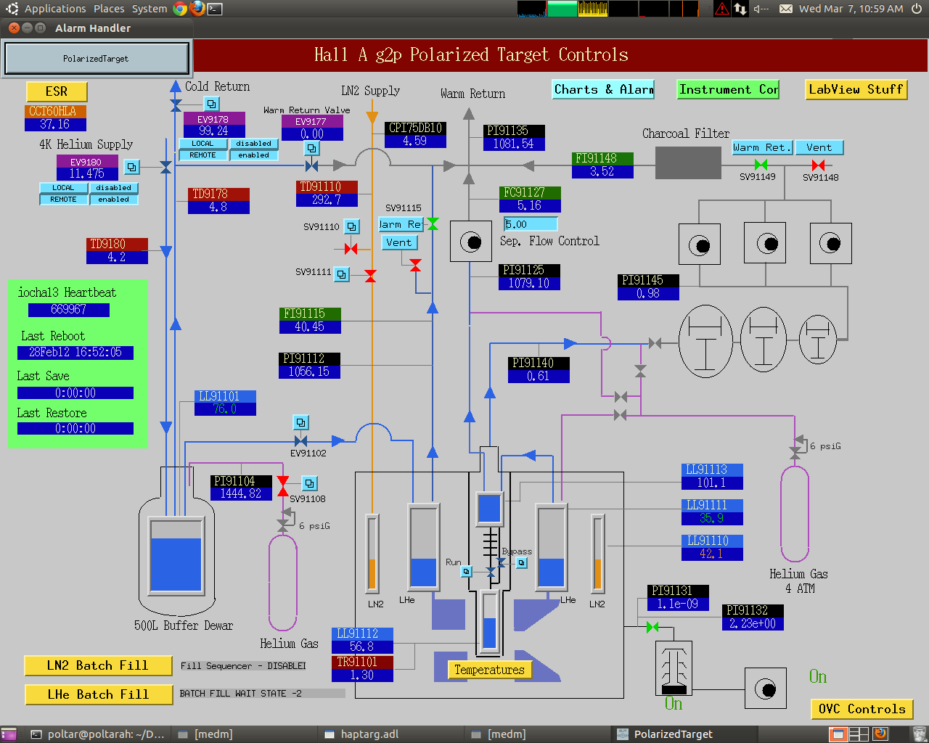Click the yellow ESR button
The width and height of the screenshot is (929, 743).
point(57,91)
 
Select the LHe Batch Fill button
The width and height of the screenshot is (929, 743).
point(98,694)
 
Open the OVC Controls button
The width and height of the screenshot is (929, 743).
point(862,709)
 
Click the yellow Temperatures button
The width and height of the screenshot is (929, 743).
point(489,670)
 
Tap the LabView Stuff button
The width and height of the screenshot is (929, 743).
point(856,89)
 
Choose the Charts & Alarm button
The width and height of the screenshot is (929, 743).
point(603,89)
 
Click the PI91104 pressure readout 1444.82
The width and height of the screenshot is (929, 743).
point(241,494)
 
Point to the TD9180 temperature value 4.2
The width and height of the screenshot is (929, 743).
point(117,258)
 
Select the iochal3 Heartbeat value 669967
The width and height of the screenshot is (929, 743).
point(69,310)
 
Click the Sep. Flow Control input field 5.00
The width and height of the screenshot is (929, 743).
point(531,224)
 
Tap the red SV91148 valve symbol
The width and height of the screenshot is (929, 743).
point(818,165)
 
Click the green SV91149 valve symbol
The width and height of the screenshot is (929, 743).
point(761,165)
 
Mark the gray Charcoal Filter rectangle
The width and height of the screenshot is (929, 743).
point(688,163)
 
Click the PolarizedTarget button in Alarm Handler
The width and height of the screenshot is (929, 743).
point(97,58)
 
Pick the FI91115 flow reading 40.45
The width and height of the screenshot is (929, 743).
point(310,327)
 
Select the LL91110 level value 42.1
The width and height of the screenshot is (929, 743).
point(712,554)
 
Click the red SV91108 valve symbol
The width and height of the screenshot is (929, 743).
point(283,486)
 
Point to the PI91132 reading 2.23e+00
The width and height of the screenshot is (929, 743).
point(753,624)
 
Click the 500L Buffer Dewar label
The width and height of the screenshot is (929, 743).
point(184,625)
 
